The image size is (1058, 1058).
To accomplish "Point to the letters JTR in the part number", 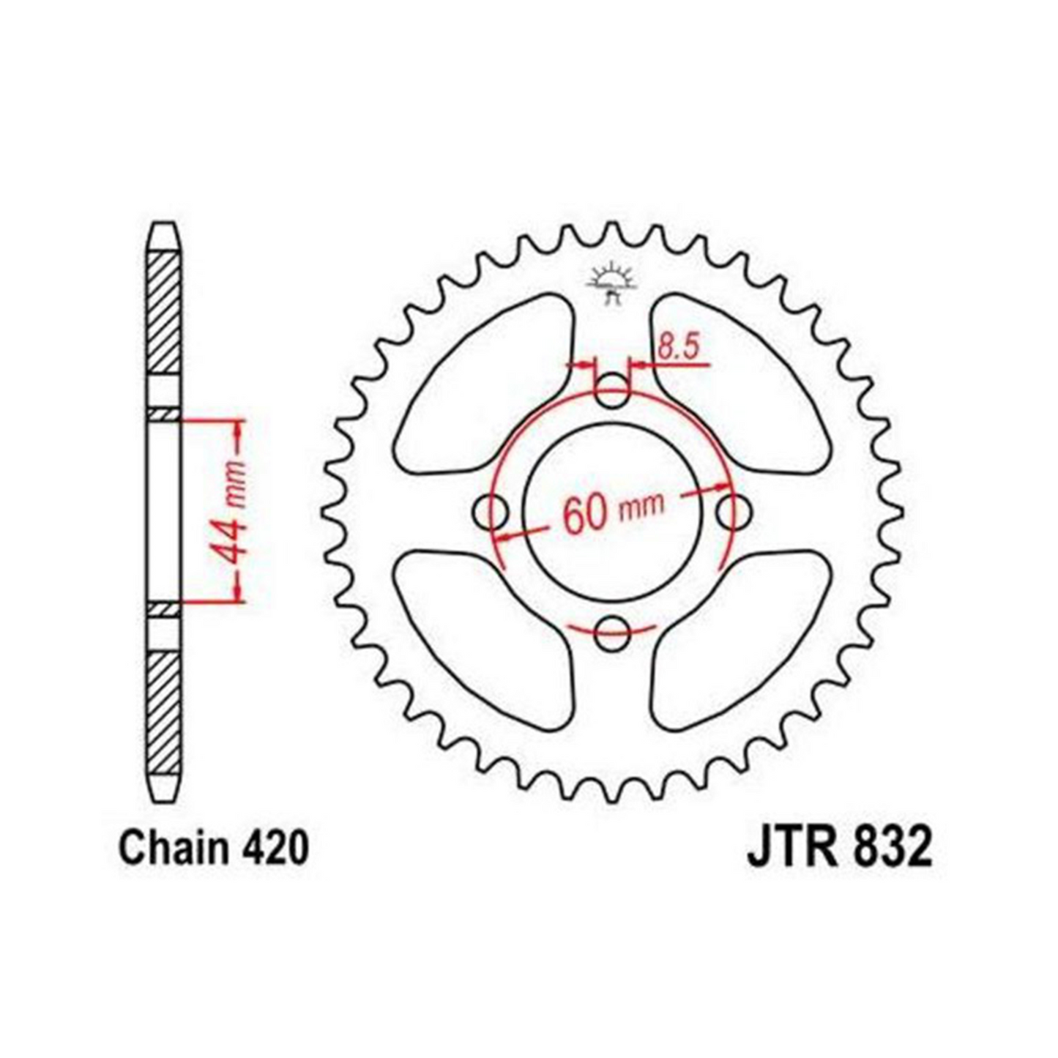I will pos(787,849).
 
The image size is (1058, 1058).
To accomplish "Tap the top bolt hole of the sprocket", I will pos(612,391).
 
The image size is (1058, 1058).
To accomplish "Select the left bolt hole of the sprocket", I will pos(492,512).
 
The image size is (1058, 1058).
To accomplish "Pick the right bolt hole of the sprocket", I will pos(733,512).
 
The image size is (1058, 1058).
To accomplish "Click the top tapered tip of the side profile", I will pos(163,234).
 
